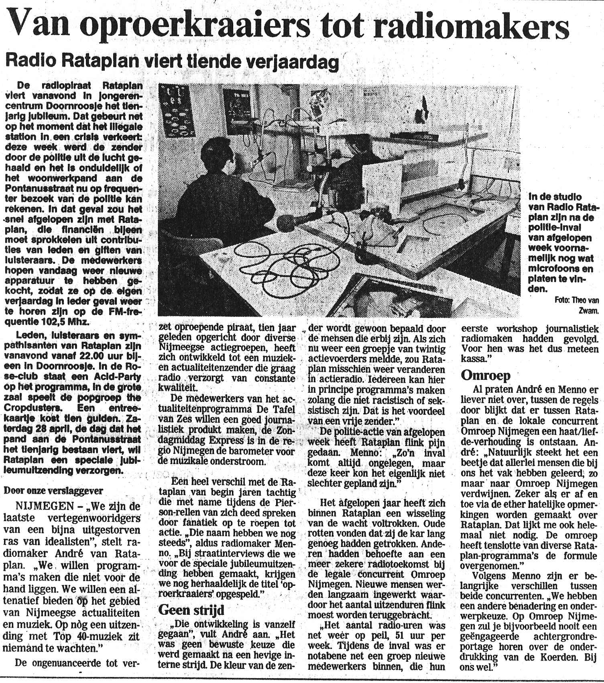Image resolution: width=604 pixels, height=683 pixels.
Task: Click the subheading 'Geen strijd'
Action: coord(191,610)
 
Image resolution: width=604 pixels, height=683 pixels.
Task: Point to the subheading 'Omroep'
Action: coord(486,375)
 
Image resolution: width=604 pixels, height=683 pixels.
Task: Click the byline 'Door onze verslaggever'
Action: coord(53,491)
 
